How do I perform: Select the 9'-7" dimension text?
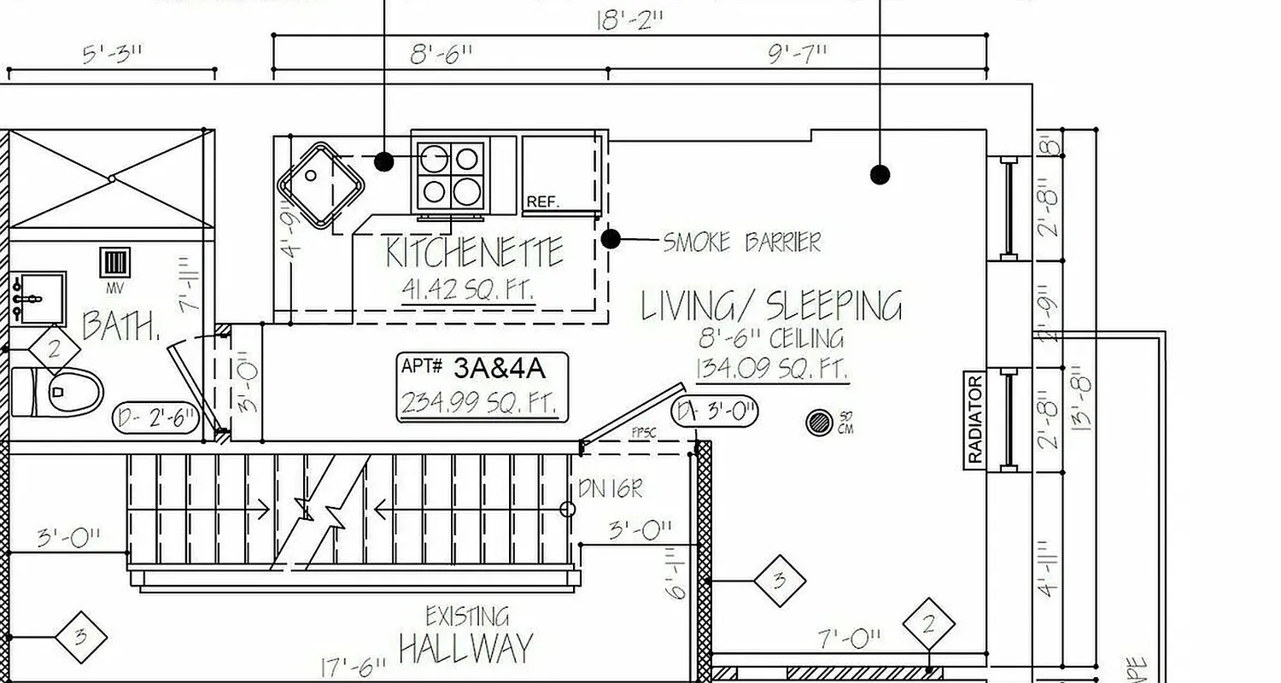(x=798, y=54)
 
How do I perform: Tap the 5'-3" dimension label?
(x=113, y=55)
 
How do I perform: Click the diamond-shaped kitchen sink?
(x=320, y=184)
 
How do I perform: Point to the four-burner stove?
(x=450, y=175)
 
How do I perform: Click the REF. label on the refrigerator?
(x=543, y=202)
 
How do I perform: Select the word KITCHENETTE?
(x=475, y=253)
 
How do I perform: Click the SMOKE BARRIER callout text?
(x=741, y=242)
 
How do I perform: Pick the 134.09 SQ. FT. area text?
(x=771, y=370)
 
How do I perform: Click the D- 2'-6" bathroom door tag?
(x=156, y=418)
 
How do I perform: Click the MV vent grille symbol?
(x=115, y=262)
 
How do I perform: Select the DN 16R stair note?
(x=610, y=489)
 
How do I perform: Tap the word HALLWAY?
(x=465, y=649)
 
